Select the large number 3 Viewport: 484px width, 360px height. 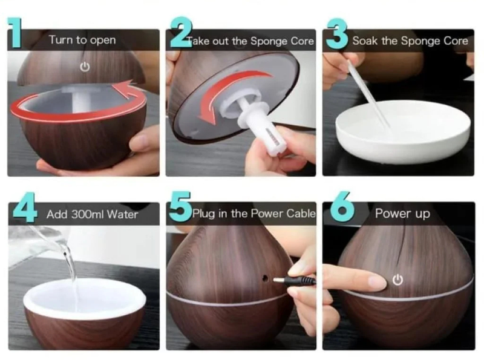pyautogui.click(x=336, y=34)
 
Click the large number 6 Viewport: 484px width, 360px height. pyautogui.click(x=341, y=209)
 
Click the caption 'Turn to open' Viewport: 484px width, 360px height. pyautogui.click(x=82, y=41)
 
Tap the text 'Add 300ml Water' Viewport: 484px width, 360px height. pyautogui.click(x=92, y=215)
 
